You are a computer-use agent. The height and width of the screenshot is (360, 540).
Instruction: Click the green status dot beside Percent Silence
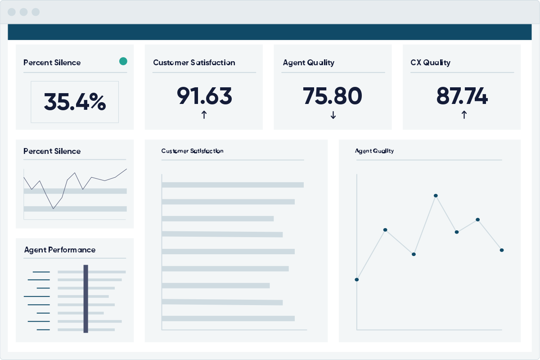click(x=123, y=61)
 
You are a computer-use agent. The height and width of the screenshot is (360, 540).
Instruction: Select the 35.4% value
click(x=75, y=102)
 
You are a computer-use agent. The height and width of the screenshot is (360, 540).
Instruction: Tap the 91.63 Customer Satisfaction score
click(x=204, y=95)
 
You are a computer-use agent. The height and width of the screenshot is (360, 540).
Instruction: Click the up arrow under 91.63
click(x=204, y=115)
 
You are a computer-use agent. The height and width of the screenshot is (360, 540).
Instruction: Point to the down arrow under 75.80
click(x=333, y=115)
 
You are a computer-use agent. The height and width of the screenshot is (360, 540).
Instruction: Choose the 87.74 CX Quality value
click(x=462, y=95)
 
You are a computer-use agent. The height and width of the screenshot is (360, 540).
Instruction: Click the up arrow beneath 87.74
click(x=464, y=115)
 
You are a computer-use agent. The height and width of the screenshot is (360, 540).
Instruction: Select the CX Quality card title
click(x=430, y=63)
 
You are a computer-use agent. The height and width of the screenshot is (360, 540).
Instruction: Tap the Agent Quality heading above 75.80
click(x=308, y=63)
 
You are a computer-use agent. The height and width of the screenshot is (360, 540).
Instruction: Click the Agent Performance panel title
click(x=60, y=250)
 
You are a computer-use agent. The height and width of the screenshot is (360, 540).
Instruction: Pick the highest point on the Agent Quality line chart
click(x=436, y=196)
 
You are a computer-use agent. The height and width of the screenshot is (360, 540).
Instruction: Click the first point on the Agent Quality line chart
click(x=357, y=279)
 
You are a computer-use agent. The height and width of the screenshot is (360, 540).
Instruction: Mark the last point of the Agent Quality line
click(x=502, y=250)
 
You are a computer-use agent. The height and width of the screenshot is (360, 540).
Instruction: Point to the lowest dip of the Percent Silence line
click(x=54, y=208)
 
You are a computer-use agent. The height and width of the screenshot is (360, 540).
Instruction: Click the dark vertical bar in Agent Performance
click(x=85, y=299)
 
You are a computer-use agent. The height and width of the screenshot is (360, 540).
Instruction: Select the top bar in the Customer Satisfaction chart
click(x=232, y=184)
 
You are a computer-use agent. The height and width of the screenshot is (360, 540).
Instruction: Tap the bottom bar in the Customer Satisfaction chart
click(x=228, y=318)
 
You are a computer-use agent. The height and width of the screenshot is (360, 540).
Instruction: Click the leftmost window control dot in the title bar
click(x=12, y=12)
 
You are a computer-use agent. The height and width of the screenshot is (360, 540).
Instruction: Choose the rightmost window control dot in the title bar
click(x=36, y=12)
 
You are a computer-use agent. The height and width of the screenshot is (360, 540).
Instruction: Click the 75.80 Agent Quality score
click(x=333, y=95)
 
